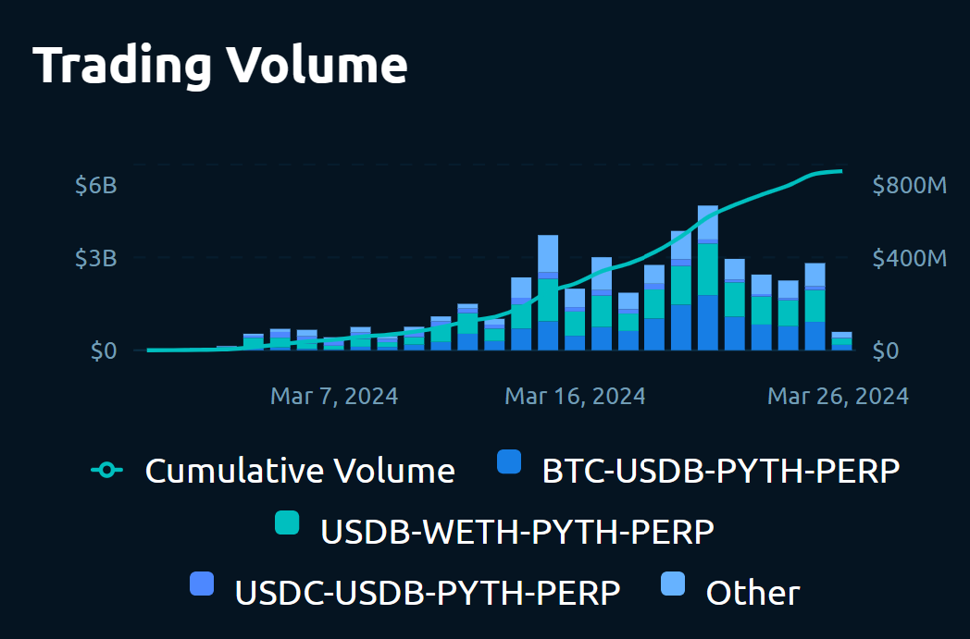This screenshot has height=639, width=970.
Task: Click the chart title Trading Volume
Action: (x=220, y=65)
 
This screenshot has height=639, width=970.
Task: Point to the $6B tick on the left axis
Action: (x=96, y=185)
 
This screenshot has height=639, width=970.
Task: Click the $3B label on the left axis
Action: (x=96, y=258)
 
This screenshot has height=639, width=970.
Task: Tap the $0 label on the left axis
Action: (x=104, y=351)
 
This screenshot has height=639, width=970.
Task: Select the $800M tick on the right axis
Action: (x=909, y=185)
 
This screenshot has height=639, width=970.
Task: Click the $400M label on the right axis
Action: (x=909, y=258)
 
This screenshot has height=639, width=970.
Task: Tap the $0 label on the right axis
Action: (x=886, y=351)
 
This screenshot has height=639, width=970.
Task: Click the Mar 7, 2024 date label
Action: (x=334, y=397)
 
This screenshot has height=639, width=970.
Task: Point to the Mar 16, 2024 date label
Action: (x=575, y=397)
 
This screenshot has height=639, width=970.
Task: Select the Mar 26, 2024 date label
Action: (x=838, y=397)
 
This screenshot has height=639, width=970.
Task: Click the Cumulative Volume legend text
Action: (x=300, y=471)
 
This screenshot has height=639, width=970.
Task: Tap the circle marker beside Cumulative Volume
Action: (x=106, y=471)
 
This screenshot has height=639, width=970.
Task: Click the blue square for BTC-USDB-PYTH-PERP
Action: (x=509, y=462)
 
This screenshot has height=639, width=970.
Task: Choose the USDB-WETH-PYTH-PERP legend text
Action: (x=517, y=532)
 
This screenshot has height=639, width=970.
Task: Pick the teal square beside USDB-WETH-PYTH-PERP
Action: (x=288, y=522)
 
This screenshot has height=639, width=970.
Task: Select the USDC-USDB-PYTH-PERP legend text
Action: (x=428, y=592)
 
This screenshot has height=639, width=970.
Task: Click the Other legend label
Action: (x=752, y=592)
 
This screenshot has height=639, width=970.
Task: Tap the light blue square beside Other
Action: (x=673, y=584)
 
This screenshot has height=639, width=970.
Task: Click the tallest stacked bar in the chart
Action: (x=708, y=277)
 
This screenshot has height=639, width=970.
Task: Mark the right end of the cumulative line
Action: (x=840, y=171)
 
